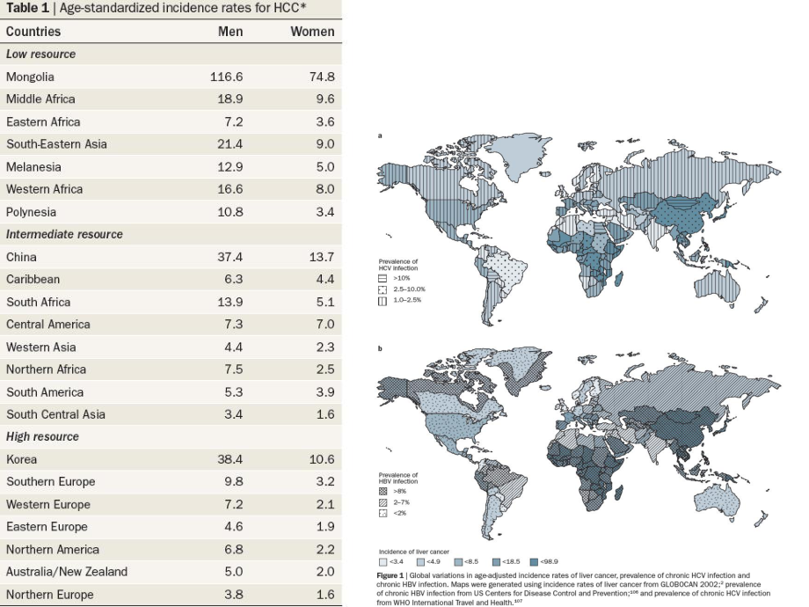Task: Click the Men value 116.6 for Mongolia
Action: (x=226, y=77)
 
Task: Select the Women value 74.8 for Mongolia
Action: (x=322, y=77)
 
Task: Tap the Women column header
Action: (x=312, y=32)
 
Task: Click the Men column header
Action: (x=230, y=32)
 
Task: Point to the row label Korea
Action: (x=22, y=459)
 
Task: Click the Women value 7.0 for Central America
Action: (x=324, y=325)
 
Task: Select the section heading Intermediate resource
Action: (x=64, y=235)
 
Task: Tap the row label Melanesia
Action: (x=33, y=167)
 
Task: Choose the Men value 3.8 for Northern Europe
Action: (x=232, y=594)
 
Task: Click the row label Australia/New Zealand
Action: (x=67, y=572)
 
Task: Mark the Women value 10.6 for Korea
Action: (x=322, y=459)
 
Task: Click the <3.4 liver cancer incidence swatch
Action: (x=383, y=560)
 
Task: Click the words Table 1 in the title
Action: (x=27, y=8)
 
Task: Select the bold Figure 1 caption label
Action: (x=392, y=574)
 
